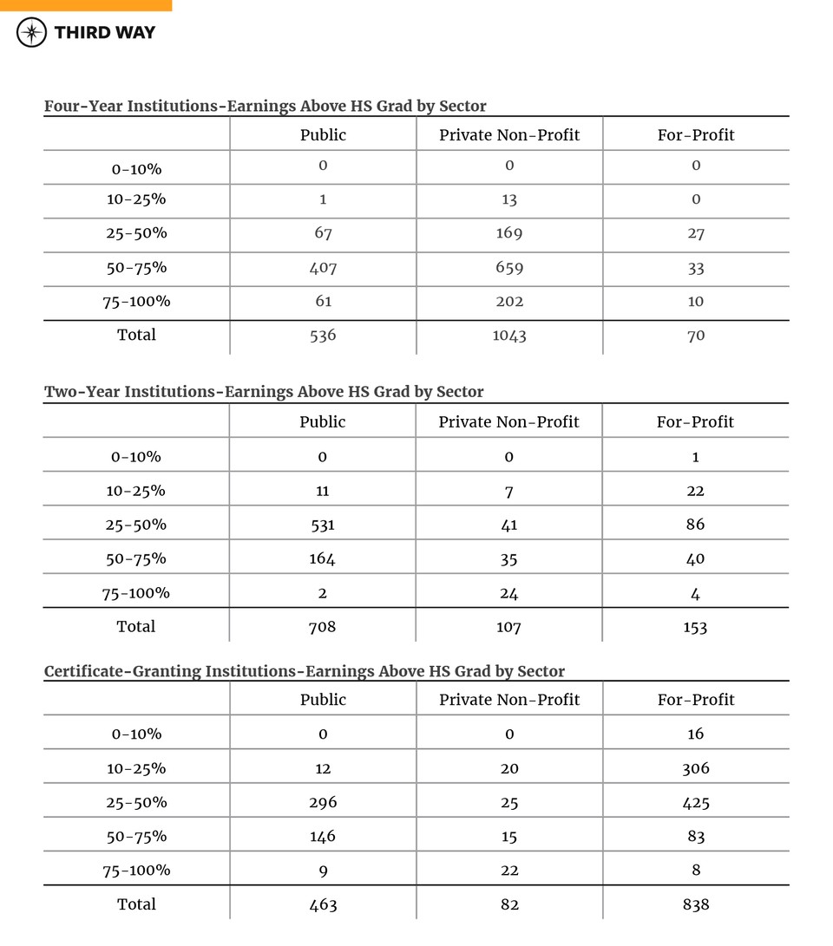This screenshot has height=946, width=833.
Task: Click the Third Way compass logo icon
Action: point(32,33)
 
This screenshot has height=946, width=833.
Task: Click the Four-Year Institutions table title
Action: point(265,106)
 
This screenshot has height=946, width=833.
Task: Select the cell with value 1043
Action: point(509,336)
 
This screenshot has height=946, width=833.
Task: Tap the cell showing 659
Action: point(509,268)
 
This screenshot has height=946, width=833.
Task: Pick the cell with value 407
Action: point(323,268)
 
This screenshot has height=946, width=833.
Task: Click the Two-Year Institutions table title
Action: point(264,392)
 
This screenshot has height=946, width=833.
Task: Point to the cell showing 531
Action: point(323,525)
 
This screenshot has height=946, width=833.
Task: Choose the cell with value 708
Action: point(323,626)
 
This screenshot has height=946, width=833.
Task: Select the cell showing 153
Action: point(695,626)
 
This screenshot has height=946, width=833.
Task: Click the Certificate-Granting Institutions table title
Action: point(304,671)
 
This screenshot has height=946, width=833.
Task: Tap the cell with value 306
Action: point(695,768)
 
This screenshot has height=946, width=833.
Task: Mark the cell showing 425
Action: point(695,802)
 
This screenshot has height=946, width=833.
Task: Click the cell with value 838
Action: point(695,904)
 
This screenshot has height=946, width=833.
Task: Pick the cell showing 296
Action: point(323,802)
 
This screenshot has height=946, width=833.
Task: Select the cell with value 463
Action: point(323,904)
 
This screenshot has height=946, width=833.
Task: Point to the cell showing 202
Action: point(509,302)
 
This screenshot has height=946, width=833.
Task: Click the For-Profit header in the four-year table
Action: point(695,134)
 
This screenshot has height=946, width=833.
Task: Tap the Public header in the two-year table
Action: point(323,422)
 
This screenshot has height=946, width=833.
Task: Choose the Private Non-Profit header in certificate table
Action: point(509,700)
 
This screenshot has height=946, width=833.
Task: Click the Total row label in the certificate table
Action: point(136,904)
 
